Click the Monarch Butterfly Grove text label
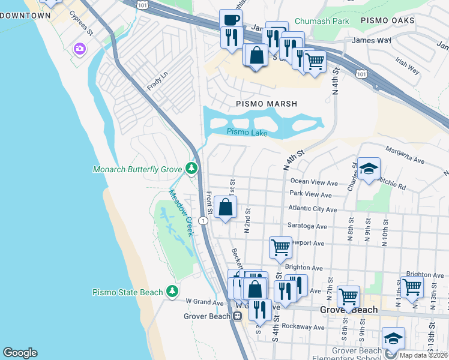tap(137, 169)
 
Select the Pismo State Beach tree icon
tap(173, 292)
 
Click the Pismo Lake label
tap(247, 133)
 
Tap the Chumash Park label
tap(322, 21)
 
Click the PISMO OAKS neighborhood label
tap(388, 21)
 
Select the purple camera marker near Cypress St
tap(79, 48)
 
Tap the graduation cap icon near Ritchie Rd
tap(369, 169)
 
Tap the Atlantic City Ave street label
tap(313, 209)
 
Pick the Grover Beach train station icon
tap(238, 316)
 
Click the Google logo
tap(20, 353)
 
